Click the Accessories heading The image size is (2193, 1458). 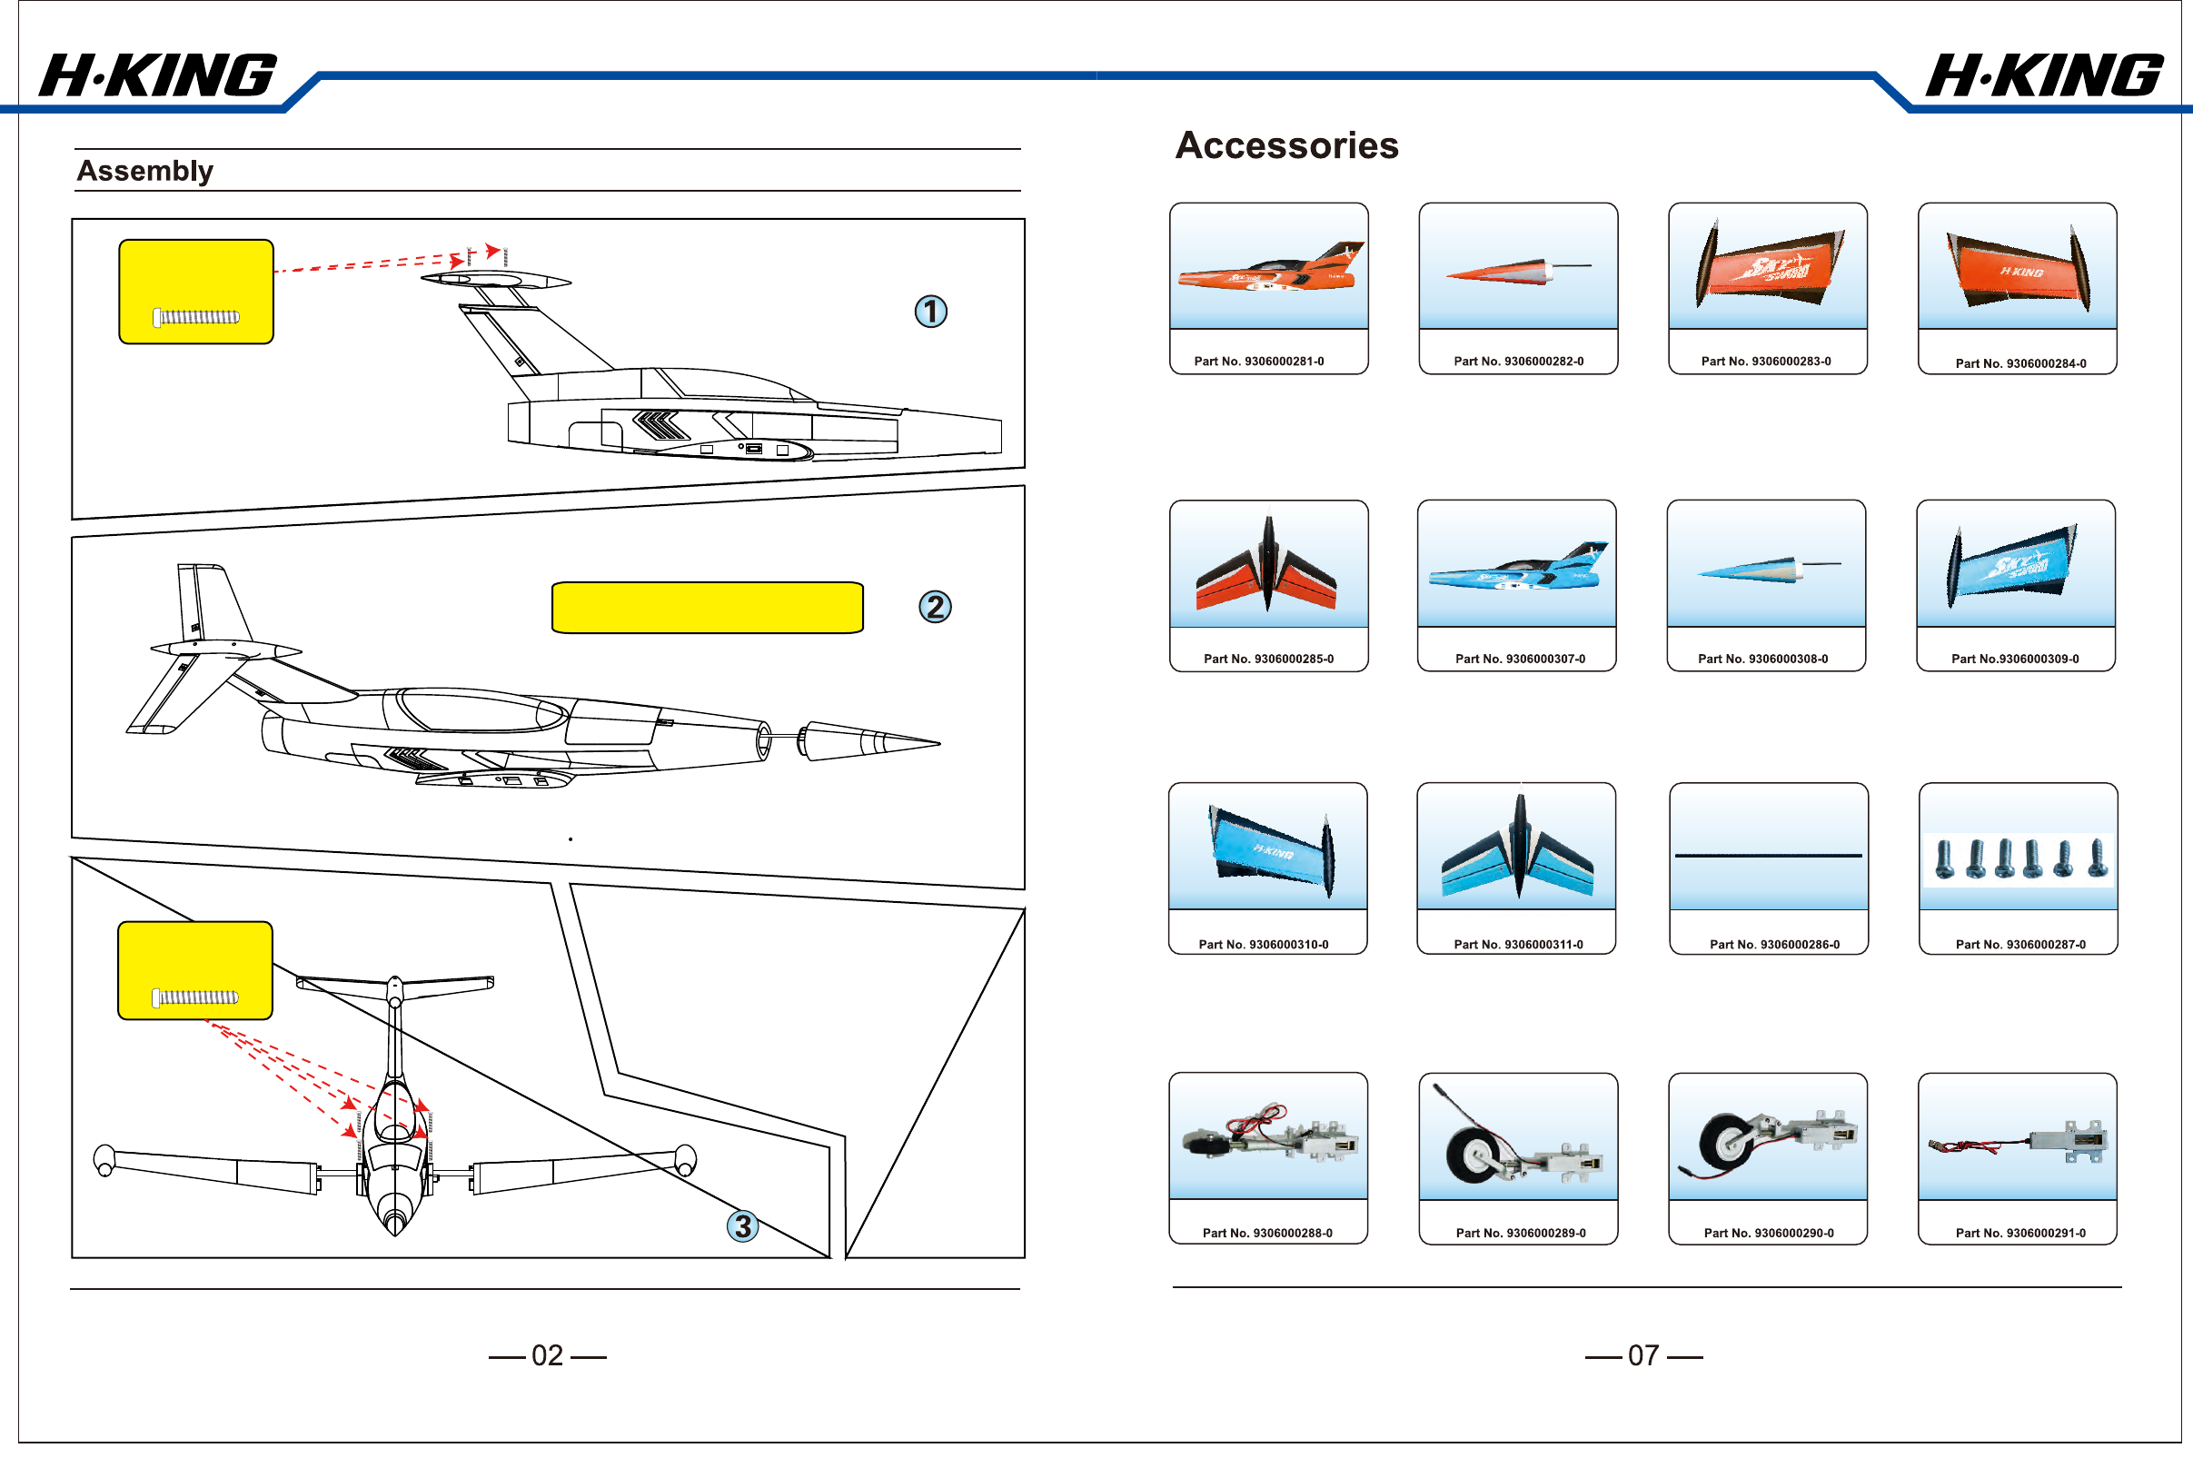pos(1286,146)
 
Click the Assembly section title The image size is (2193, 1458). pos(145,171)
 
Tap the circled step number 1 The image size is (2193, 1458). pos(930,312)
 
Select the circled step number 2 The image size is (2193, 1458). pos(934,607)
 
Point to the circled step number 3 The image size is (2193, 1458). pos(743,1226)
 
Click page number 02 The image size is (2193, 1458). pos(548,1355)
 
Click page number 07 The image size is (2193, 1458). pos(1643,1355)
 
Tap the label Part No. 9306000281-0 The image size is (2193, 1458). pos(1259,362)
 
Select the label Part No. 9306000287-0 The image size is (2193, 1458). pos(2020,945)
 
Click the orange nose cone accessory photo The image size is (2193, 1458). pos(1518,271)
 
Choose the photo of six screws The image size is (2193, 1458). pos(2019,858)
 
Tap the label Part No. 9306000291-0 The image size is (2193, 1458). pos(2020,1234)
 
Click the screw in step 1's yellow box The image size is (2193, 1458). pos(196,317)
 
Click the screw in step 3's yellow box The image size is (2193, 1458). pos(195,997)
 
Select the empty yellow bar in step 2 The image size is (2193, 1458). pos(708,608)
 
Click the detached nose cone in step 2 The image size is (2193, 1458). pos(869,741)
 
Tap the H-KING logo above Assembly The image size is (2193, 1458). pos(158,76)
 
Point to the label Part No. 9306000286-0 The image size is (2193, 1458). pos(1773,945)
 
